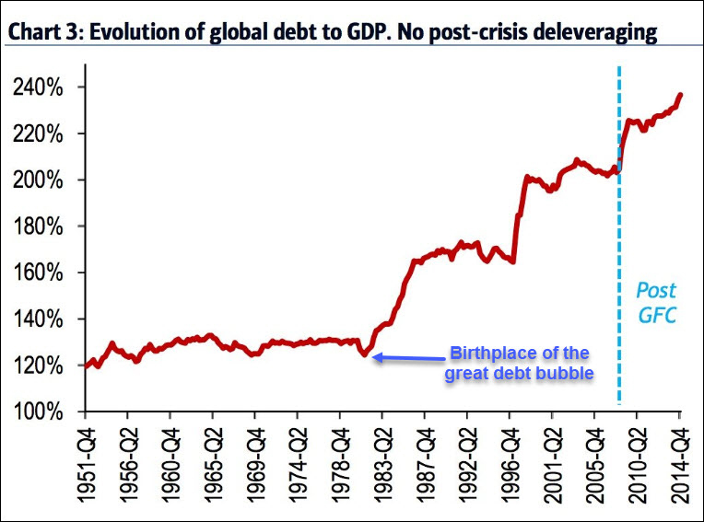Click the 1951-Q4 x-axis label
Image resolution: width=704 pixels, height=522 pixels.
pyautogui.click(x=87, y=464)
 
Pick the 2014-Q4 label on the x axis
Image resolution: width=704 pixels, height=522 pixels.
pyautogui.click(x=680, y=464)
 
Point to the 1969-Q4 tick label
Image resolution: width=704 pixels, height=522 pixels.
pyautogui.click(x=255, y=464)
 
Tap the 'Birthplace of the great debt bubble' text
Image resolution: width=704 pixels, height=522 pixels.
pyautogui.click(x=517, y=363)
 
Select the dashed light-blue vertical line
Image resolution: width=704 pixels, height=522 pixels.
pyautogui.click(x=618, y=276)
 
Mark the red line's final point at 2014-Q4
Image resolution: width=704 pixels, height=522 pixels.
pyautogui.click(x=680, y=94)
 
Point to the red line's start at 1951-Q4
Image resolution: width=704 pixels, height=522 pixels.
pyautogui.click(x=87, y=365)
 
